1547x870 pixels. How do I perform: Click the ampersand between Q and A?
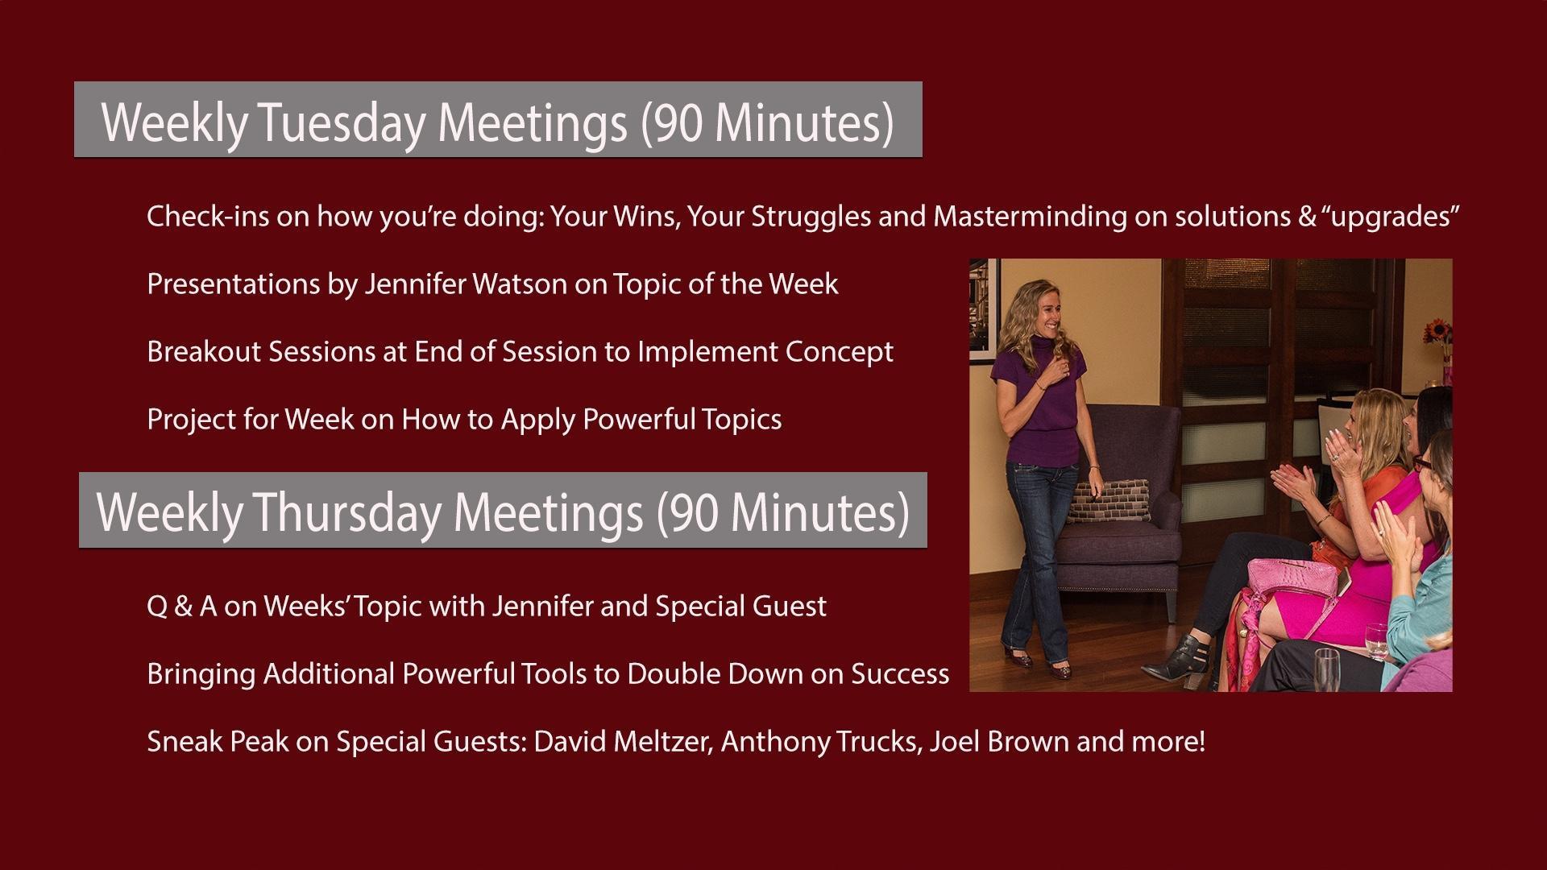point(183,606)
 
